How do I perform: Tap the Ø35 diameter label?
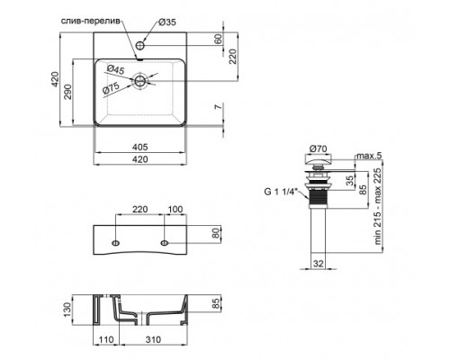165,22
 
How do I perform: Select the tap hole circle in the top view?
143,43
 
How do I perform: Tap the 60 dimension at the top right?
217,40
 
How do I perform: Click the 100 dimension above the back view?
175,210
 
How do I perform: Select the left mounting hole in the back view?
116,244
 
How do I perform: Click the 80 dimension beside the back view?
216,233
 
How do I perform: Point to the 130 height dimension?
80,311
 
